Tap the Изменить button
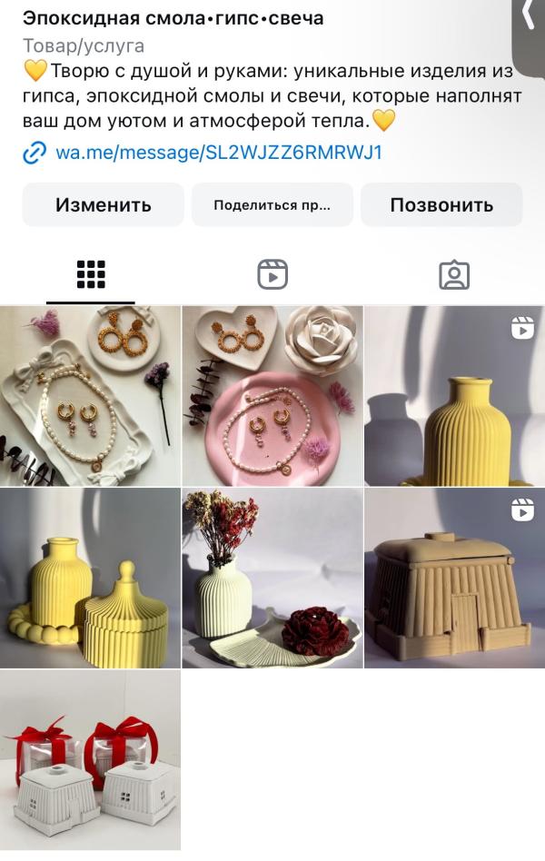click(x=103, y=205)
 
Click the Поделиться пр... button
click(x=272, y=205)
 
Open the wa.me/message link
click(x=219, y=152)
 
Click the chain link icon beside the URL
click(x=35, y=153)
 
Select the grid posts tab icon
click(x=91, y=274)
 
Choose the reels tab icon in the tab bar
click(x=272, y=274)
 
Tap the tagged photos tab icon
click(x=454, y=274)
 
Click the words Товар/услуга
click(x=84, y=45)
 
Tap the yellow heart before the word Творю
click(x=35, y=71)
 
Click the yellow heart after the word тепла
click(x=384, y=120)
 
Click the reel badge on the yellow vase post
click(x=522, y=328)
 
